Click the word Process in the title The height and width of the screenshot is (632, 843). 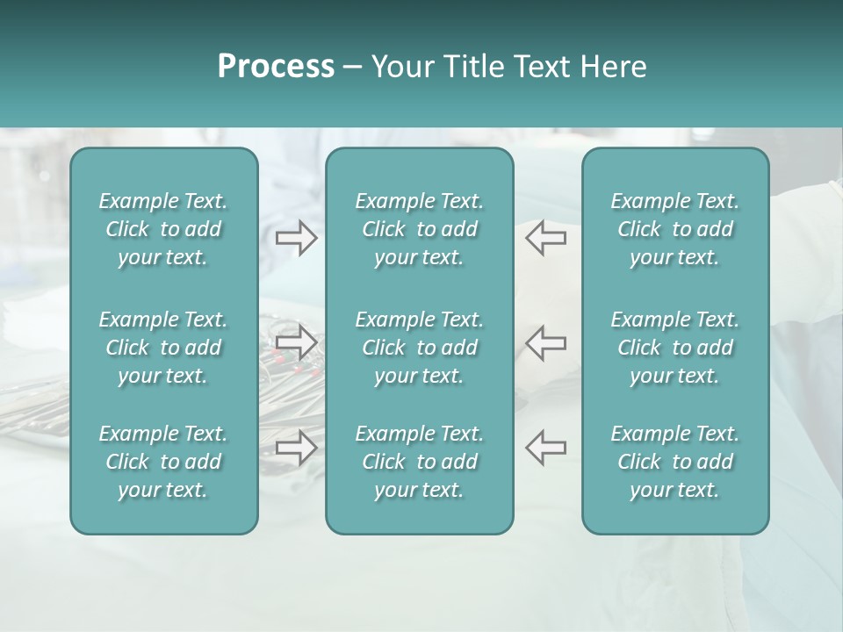(276, 67)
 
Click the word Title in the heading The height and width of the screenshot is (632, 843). (473, 67)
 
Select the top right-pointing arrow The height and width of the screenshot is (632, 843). (296, 238)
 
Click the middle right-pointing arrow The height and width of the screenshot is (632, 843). (296, 341)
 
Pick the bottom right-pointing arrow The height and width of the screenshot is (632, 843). (296, 447)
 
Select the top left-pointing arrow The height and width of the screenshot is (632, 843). (545, 238)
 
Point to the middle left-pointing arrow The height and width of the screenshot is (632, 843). (545, 341)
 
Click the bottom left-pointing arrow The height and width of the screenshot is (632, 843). (545, 447)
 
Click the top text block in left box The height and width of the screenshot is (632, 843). (163, 229)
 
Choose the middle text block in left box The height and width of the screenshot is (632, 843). (163, 348)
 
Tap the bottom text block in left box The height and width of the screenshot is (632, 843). (163, 462)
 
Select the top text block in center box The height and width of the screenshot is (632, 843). (420, 229)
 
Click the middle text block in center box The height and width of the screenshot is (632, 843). (420, 348)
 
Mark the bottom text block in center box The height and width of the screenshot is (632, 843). (420, 462)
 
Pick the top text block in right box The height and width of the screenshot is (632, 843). (675, 229)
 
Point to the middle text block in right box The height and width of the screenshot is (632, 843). (675, 348)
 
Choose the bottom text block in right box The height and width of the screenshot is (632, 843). (675, 462)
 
